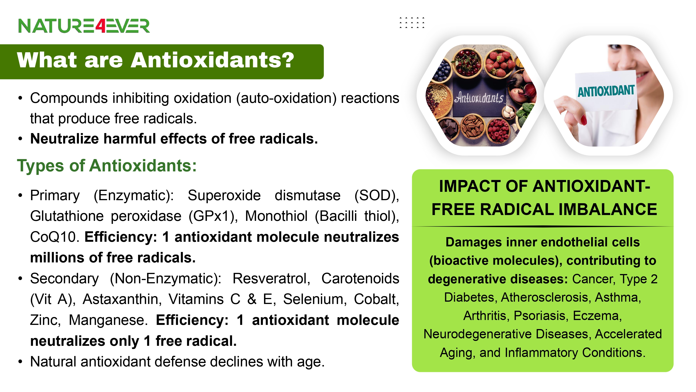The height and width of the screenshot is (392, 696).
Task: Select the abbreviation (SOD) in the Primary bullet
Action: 377,195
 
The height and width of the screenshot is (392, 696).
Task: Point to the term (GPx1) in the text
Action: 213,216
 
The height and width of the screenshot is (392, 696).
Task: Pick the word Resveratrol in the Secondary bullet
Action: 271,278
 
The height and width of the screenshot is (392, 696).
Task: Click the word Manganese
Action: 108,320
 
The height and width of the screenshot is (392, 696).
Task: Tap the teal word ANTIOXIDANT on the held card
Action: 606,91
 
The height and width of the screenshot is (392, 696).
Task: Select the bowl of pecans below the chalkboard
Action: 473,126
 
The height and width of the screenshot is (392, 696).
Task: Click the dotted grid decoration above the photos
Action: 412,23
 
